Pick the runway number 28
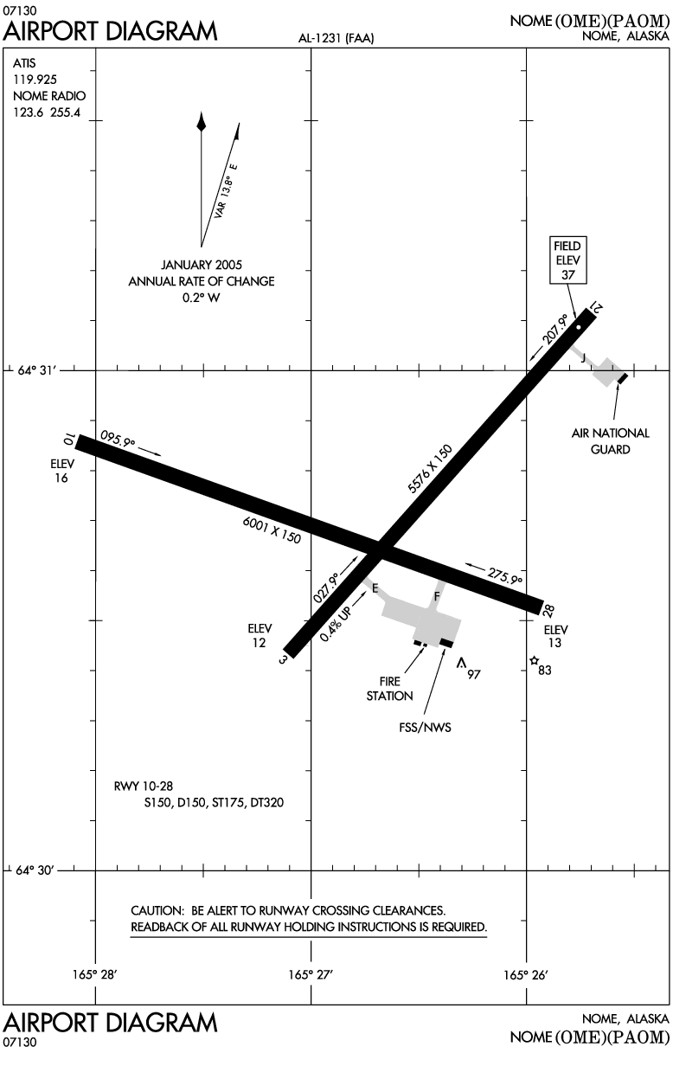click(x=548, y=612)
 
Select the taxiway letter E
click(x=375, y=588)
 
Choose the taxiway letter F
click(x=437, y=596)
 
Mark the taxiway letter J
click(x=583, y=357)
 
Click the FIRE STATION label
click(x=390, y=688)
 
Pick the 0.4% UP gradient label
click(x=335, y=620)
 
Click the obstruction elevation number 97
click(x=473, y=674)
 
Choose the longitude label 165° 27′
click(x=311, y=974)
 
